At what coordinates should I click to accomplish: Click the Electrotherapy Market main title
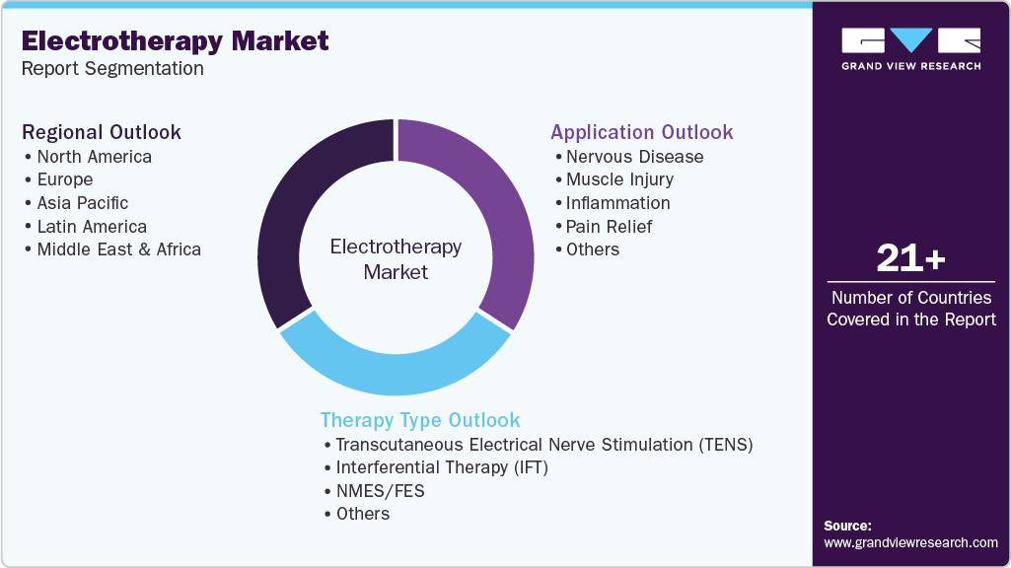click(176, 41)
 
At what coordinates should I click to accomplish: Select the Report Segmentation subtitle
click(112, 69)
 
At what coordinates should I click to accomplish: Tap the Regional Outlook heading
click(102, 132)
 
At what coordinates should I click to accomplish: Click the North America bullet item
click(94, 157)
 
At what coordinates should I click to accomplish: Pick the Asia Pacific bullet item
click(83, 203)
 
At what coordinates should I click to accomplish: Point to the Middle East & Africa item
click(118, 249)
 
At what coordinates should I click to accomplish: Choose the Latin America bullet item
click(92, 227)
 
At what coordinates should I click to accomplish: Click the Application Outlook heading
click(642, 132)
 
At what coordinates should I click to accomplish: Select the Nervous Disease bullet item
click(634, 157)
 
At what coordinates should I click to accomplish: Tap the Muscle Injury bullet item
click(619, 179)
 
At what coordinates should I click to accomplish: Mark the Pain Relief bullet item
click(609, 227)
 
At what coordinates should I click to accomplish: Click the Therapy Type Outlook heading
click(420, 420)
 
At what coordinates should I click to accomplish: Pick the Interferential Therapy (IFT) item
click(441, 467)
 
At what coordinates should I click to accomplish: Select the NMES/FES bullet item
click(380, 490)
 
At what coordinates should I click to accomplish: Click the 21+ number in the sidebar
click(911, 259)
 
